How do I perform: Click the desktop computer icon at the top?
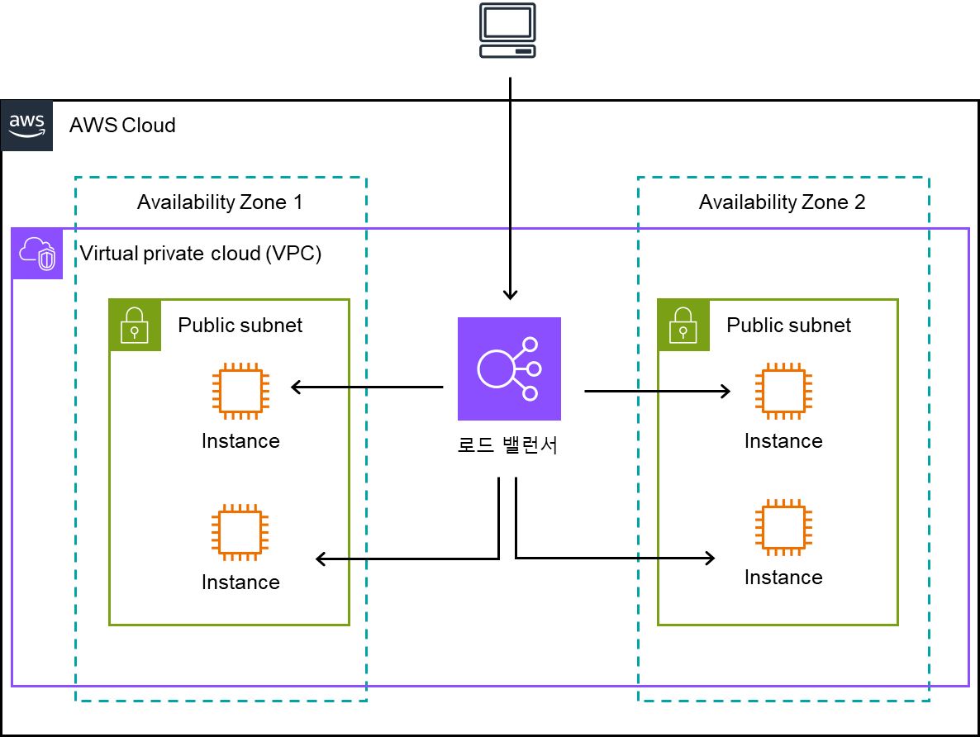[x=507, y=31]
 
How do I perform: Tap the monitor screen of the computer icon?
[x=507, y=22]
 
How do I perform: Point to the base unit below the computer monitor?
[x=507, y=51]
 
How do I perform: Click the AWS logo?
[x=26, y=126]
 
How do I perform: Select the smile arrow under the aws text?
[x=26, y=134]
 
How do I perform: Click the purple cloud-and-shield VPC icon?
[x=37, y=254]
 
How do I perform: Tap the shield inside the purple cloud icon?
[x=47, y=260]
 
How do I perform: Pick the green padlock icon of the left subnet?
[x=135, y=326]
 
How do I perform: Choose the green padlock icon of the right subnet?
[x=683, y=326]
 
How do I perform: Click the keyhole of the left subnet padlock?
[x=135, y=332]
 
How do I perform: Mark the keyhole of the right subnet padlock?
[x=683, y=332]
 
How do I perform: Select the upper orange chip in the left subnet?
[x=240, y=391]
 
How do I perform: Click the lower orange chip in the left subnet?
[x=240, y=532]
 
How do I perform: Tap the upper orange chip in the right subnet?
[x=783, y=391]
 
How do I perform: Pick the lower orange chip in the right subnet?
[x=783, y=527]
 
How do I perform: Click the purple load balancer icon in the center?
[x=509, y=368]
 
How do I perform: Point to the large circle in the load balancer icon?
[x=497, y=368]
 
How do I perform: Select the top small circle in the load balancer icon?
[x=530, y=345]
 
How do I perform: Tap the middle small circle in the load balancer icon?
[x=534, y=368]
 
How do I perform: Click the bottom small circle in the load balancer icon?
[x=530, y=393]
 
